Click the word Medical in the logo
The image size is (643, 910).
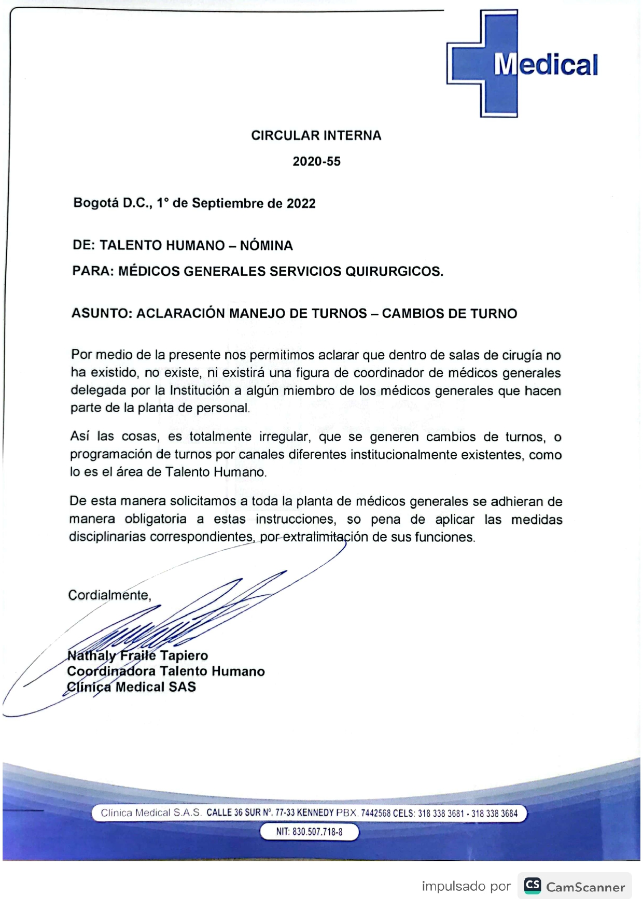click(546, 65)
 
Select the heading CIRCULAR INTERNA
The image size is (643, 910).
click(316, 135)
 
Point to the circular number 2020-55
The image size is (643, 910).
click(316, 161)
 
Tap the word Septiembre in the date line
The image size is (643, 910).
click(228, 203)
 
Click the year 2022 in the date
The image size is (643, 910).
click(301, 203)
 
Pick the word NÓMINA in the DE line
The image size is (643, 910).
click(266, 245)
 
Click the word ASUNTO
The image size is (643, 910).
click(101, 314)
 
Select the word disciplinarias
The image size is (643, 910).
click(107, 537)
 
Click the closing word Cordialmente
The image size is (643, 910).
click(109, 595)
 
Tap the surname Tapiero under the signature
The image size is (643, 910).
click(184, 655)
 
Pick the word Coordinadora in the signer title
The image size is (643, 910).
click(111, 671)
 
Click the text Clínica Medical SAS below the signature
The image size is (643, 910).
click(131, 687)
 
